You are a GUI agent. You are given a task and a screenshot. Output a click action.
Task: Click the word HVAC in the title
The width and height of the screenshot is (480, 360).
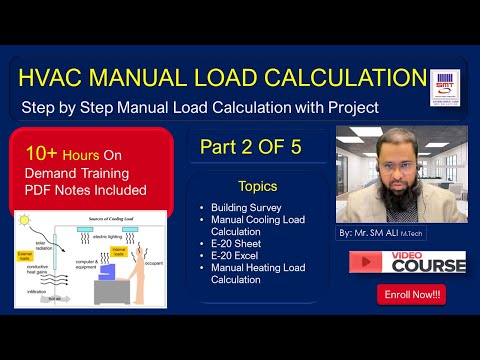54,76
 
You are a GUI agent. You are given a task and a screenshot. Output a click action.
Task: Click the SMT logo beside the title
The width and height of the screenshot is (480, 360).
443,86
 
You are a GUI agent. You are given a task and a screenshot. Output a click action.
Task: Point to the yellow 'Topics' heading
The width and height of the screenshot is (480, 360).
258,186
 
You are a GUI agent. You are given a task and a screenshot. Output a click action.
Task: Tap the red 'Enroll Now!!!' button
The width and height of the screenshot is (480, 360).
411,295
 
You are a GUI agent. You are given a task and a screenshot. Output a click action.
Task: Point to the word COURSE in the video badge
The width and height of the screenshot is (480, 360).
429,266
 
